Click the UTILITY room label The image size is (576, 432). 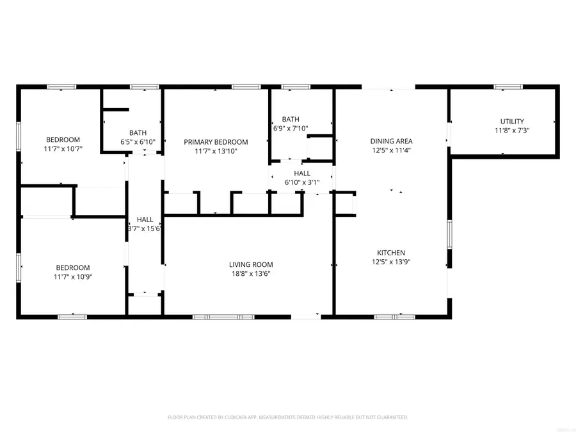[511, 121]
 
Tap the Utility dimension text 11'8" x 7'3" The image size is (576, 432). [511, 130]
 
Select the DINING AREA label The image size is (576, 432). [391, 141]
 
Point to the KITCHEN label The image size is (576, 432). [391, 253]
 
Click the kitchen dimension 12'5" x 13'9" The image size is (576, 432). [391, 262]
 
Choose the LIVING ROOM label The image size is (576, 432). [251, 264]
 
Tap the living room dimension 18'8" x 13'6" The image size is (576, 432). [251, 273]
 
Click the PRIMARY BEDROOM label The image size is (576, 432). [216, 142]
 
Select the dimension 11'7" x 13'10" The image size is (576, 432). [216, 151]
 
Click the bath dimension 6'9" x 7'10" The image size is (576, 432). [291, 128]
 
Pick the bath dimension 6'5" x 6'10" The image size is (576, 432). [138, 142]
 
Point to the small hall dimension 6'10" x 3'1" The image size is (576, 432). [302, 182]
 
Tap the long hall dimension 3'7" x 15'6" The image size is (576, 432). [145, 228]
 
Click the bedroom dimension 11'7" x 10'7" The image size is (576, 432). [63, 148]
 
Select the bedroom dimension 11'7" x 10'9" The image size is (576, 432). [72, 276]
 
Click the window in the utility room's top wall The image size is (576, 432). [508, 86]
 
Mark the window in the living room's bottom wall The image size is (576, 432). [223, 316]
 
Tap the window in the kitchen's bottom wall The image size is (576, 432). [394, 316]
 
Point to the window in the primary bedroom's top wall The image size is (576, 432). [246, 86]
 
